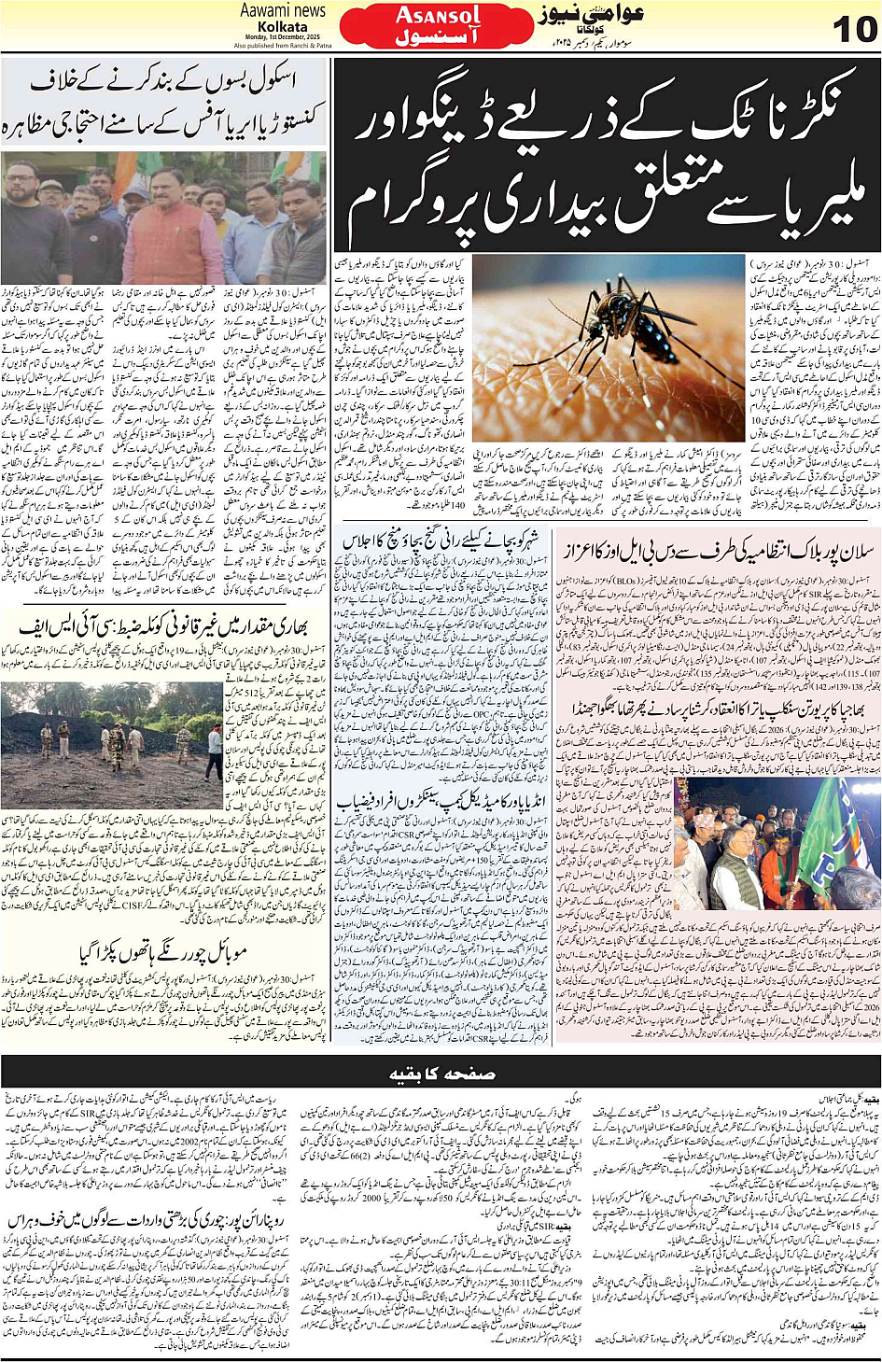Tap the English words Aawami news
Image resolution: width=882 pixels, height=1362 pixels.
[x=283, y=10]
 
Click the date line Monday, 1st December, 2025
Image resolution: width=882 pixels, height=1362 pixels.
[x=282, y=36]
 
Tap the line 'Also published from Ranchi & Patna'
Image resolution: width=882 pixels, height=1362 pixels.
[x=282, y=45]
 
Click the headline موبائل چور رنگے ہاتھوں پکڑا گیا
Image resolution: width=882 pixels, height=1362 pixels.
[x=164, y=954]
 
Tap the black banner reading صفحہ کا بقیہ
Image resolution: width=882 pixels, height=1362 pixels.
[x=441, y=1074]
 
